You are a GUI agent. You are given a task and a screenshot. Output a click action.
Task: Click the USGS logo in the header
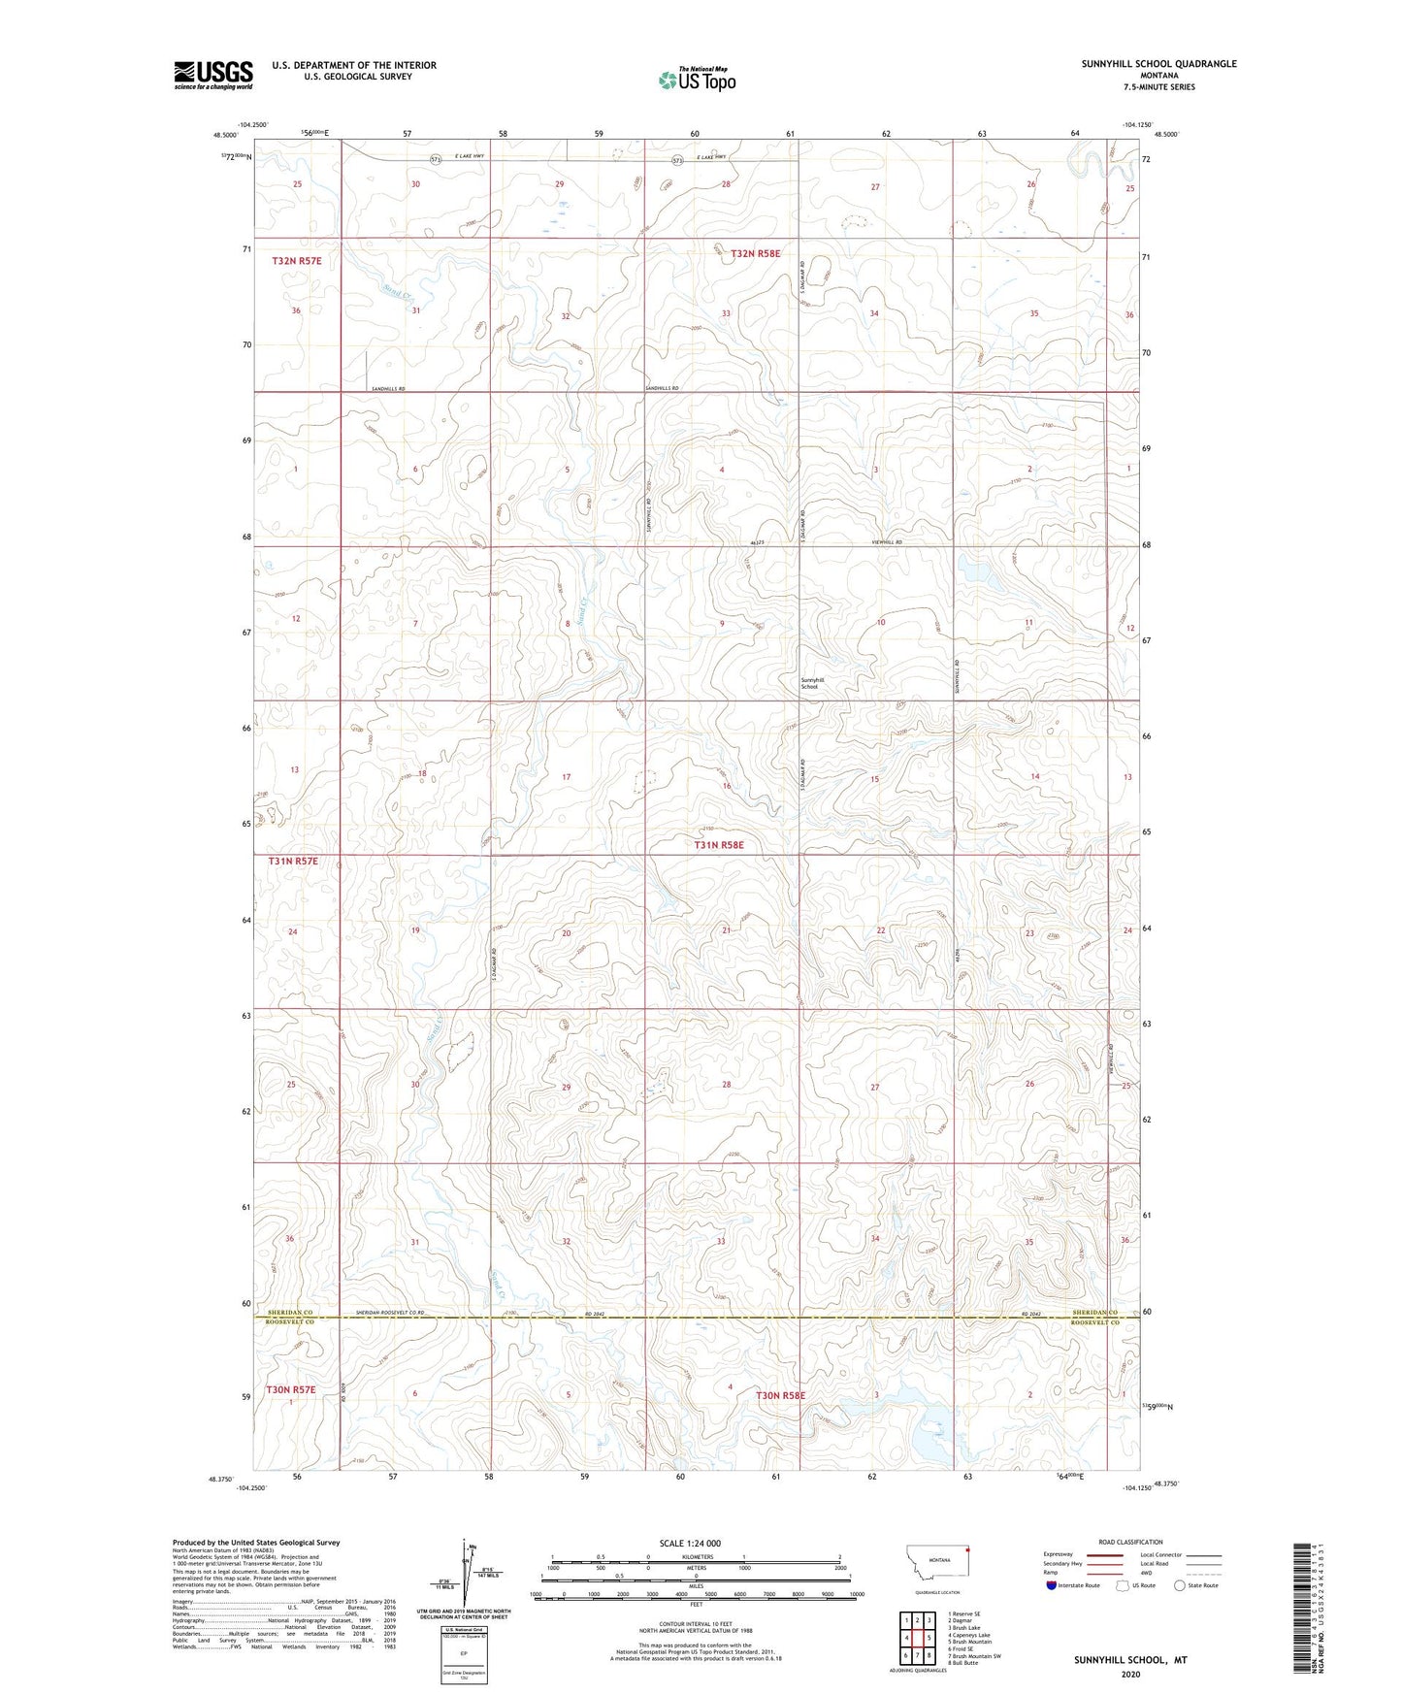[x=212, y=74]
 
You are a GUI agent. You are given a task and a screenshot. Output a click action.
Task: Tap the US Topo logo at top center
[x=697, y=79]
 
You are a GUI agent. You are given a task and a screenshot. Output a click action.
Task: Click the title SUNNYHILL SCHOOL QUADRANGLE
[x=1158, y=64]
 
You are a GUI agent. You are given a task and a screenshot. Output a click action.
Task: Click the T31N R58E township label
[x=718, y=845]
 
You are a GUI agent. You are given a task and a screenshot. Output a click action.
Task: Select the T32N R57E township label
[x=296, y=261]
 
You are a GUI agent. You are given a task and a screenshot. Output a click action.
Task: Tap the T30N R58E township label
[x=780, y=1395]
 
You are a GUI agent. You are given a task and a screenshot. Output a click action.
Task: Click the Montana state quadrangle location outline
[x=937, y=1565]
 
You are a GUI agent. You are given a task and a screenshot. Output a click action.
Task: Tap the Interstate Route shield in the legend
[x=1052, y=1585]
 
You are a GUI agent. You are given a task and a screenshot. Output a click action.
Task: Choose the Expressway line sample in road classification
[x=1090, y=1554]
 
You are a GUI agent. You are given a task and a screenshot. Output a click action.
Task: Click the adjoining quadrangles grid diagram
[x=917, y=1640]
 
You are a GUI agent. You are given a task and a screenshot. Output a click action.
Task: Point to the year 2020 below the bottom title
[x=1130, y=1674]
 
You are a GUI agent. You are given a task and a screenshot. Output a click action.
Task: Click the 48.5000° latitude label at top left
[x=224, y=136]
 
